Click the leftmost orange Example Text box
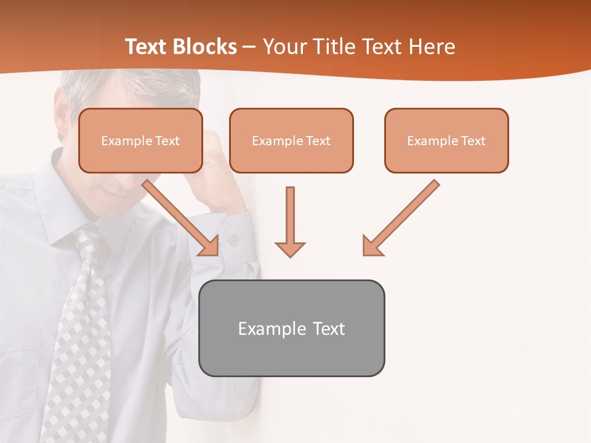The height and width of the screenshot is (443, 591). [x=140, y=141]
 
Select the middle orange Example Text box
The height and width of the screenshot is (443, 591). [x=291, y=141]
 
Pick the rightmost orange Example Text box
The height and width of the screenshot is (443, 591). [x=446, y=141]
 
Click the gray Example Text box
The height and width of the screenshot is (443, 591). [x=291, y=328]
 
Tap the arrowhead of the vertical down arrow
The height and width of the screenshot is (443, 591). [x=290, y=249]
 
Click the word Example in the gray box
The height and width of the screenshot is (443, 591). [x=264, y=329]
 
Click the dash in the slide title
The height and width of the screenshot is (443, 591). [x=249, y=47]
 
